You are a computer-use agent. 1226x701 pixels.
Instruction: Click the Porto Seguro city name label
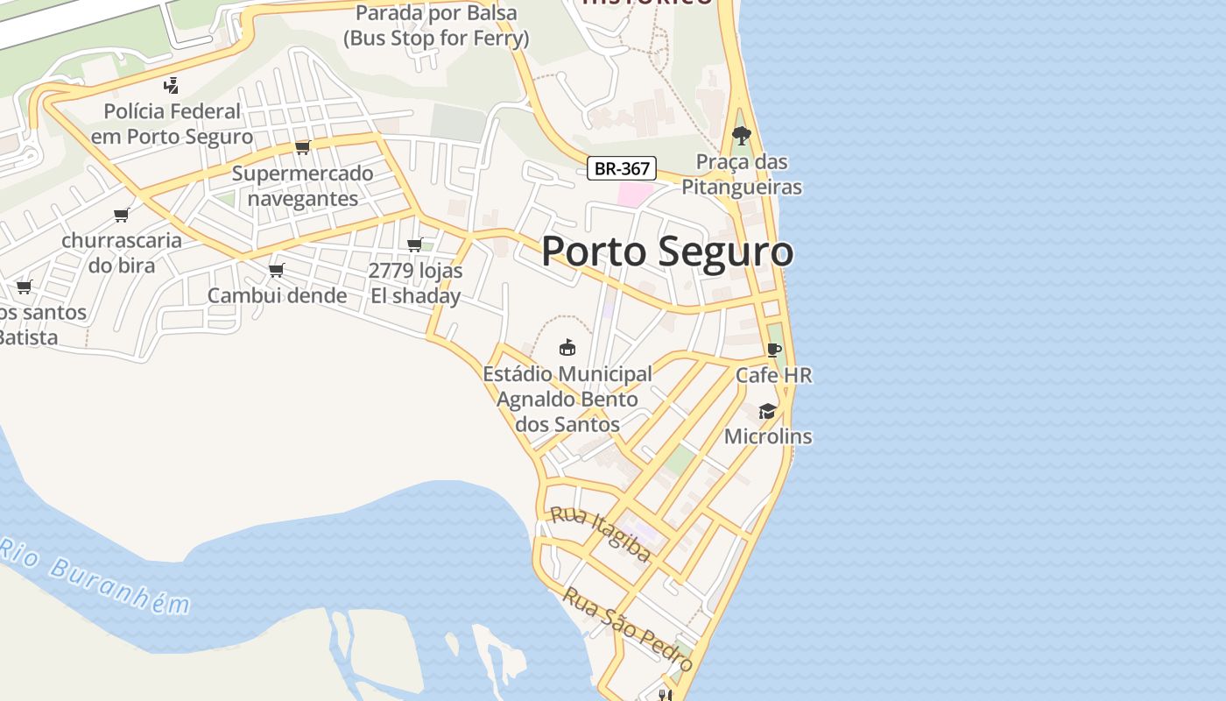click(667, 251)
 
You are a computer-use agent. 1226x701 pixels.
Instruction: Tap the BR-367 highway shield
click(621, 169)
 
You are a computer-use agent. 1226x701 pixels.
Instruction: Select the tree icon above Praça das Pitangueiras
click(742, 136)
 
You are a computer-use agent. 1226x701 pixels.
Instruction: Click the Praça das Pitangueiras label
click(742, 174)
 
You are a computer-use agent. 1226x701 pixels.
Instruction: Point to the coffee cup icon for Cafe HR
click(773, 350)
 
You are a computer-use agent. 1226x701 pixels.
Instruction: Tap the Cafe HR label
click(773, 375)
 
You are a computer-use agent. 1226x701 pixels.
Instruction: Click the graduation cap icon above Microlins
click(767, 411)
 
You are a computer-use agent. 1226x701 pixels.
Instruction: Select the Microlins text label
click(768, 436)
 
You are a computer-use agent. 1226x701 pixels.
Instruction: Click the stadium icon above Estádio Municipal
click(567, 347)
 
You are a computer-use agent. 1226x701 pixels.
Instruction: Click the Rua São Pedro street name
click(628, 629)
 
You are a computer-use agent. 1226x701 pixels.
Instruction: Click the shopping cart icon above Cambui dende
click(277, 270)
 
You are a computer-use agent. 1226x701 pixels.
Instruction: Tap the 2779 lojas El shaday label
click(416, 283)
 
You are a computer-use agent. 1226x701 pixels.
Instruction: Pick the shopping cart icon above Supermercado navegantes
click(303, 147)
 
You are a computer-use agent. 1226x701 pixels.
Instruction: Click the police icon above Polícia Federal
click(172, 85)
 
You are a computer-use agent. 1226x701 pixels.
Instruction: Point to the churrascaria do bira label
click(122, 252)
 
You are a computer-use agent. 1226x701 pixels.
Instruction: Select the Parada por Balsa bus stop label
click(436, 25)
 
